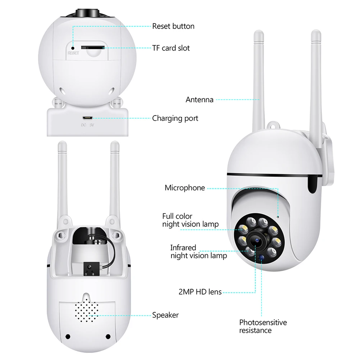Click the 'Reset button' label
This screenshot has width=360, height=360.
(x=173, y=26)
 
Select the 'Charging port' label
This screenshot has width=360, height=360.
(x=175, y=118)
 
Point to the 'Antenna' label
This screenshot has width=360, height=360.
(x=199, y=100)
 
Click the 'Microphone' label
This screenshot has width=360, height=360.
(x=184, y=188)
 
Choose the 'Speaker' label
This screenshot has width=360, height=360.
(x=165, y=315)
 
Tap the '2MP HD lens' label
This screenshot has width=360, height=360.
(x=200, y=292)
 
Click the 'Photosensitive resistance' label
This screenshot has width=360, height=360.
(x=263, y=326)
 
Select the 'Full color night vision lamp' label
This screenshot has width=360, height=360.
(x=190, y=220)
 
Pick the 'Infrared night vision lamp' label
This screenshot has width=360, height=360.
(x=199, y=252)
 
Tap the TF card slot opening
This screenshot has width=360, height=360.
(x=92, y=47)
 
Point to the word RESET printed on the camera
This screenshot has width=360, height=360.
(x=73, y=53)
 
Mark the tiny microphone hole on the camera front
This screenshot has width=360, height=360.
(x=278, y=217)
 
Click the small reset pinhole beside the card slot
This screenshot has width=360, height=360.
(x=73, y=47)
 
